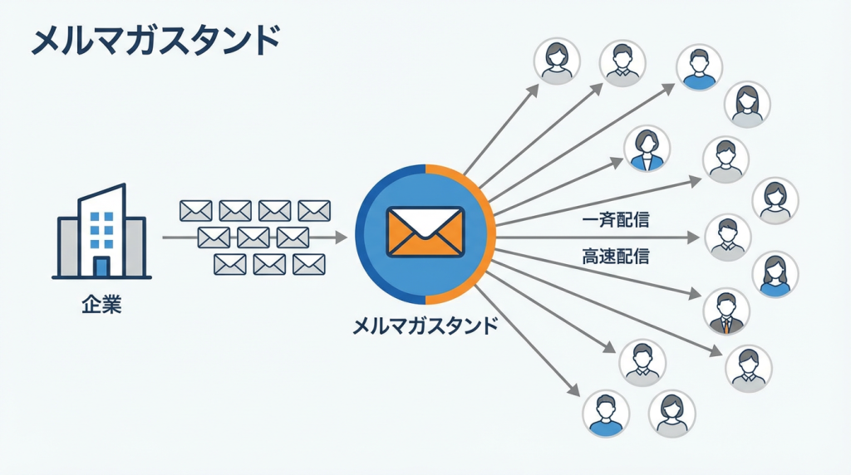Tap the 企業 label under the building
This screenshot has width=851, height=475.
(101, 306)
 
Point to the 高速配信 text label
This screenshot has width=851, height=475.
(616, 256)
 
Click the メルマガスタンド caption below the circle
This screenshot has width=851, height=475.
(425, 325)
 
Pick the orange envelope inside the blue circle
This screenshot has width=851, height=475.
(425, 232)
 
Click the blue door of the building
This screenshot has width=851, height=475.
(101, 267)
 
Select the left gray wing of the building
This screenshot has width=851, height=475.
(67, 244)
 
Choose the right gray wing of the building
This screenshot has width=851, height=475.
(135, 245)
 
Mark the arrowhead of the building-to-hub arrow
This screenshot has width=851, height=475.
(341, 237)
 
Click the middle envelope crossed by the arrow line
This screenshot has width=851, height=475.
(253, 237)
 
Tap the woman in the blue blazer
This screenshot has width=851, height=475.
(647, 149)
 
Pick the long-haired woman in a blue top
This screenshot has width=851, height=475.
(775, 275)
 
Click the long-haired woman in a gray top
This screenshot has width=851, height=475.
(748, 103)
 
